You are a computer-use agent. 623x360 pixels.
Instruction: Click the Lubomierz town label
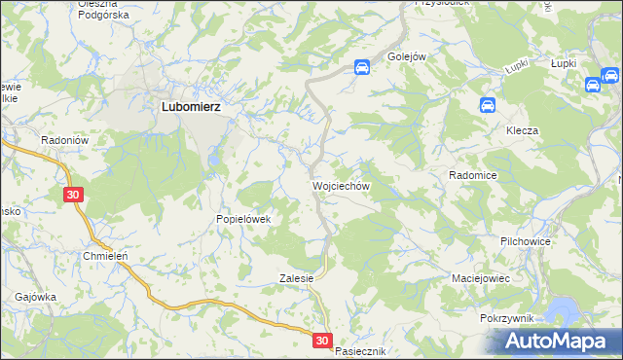click(x=191, y=109)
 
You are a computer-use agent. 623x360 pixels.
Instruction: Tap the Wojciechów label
click(x=340, y=184)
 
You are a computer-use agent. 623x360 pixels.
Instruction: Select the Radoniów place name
click(x=65, y=140)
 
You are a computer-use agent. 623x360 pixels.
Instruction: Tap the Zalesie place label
click(x=296, y=277)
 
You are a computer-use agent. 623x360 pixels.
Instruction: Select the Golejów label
click(x=408, y=56)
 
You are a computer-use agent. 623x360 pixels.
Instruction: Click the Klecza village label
click(x=522, y=130)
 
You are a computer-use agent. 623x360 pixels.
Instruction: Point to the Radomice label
click(x=473, y=175)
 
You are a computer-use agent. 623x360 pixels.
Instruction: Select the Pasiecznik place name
click(x=361, y=350)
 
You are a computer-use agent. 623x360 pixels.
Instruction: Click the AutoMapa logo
click(x=559, y=341)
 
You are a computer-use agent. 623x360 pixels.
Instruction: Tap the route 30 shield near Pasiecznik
click(x=323, y=341)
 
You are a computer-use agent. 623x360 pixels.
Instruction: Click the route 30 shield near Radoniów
click(x=75, y=195)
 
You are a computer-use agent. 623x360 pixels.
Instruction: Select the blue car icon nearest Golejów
click(x=361, y=67)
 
